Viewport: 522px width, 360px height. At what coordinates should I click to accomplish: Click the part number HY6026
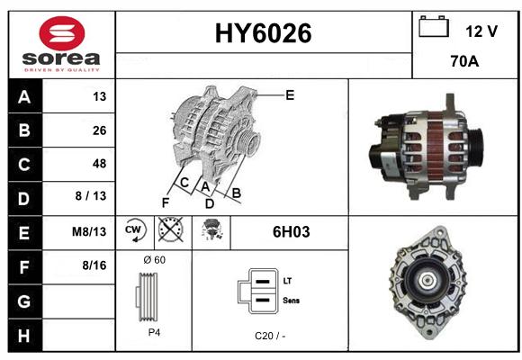click(264, 33)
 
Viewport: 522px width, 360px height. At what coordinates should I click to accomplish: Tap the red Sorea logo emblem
click(62, 33)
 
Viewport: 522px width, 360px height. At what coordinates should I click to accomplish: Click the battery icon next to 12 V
click(434, 27)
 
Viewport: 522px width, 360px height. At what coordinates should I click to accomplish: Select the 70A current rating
click(464, 61)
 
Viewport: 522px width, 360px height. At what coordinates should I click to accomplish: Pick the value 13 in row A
click(100, 96)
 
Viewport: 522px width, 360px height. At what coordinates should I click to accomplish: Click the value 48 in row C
click(100, 164)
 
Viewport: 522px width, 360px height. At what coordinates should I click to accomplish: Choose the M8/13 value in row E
click(89, 231)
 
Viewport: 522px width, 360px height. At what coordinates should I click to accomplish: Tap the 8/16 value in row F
click(94, 265)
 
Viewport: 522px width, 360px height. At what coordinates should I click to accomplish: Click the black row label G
click(24, 301)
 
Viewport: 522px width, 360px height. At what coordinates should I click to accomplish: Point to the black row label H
click(24, 336)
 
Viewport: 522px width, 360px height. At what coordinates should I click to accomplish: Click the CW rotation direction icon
click(135, 229)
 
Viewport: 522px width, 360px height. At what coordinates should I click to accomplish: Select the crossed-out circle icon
click(171, 229)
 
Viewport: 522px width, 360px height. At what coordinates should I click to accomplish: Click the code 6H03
click(292, 232)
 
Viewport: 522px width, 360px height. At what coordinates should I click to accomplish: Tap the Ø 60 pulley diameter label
click(155, 260)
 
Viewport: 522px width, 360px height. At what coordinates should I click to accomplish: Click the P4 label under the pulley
click(154, 332)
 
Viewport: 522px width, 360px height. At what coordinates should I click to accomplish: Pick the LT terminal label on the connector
click(287, 281)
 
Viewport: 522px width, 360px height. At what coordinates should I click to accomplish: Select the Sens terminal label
click(292, 301)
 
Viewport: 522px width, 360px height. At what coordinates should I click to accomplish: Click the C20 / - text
click(270, 336)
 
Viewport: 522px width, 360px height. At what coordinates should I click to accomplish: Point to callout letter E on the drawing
click(290, 95)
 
